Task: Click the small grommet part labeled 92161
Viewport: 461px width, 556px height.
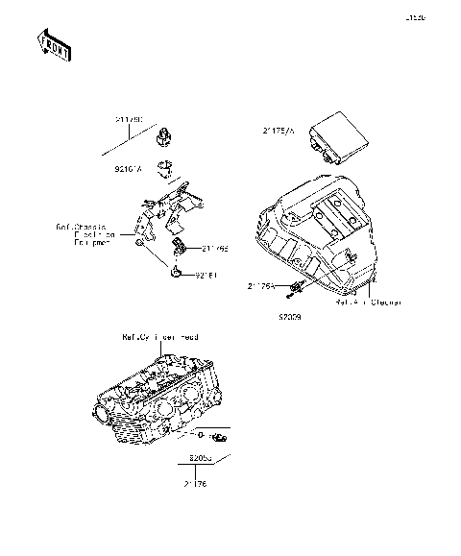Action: [178, 274]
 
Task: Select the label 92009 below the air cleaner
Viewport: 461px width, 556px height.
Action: [290, 314]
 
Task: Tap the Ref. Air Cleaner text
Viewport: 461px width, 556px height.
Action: [368, 301]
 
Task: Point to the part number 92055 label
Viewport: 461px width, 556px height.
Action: [202, 458]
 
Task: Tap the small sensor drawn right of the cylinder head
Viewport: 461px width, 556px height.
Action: [218, 438]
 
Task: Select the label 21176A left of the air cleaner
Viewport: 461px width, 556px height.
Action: [260, 286]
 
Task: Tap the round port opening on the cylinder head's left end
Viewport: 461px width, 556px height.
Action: [102, 413]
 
